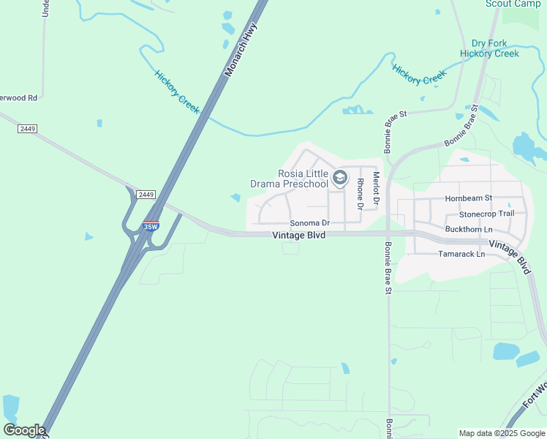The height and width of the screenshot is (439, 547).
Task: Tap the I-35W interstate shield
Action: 151,226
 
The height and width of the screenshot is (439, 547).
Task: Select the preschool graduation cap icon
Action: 339,177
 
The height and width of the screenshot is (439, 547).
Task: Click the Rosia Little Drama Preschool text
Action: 303,179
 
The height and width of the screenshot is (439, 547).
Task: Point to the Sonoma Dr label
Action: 310,222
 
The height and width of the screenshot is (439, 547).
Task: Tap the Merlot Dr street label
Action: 377,187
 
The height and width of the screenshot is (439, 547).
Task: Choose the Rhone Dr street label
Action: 360,194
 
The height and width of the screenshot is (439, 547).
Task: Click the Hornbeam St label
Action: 469,198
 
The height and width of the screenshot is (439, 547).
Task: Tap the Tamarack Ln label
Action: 461,254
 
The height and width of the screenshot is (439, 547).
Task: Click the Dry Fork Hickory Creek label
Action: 489,48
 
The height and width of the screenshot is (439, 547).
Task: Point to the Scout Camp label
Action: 513,4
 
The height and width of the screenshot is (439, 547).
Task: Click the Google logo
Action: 23,430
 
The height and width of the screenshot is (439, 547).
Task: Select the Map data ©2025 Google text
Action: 502,433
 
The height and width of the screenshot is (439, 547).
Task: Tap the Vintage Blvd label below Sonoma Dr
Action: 298,236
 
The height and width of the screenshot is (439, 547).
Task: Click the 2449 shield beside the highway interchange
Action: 146,194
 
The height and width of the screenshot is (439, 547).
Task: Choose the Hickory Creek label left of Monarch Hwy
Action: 177,91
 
